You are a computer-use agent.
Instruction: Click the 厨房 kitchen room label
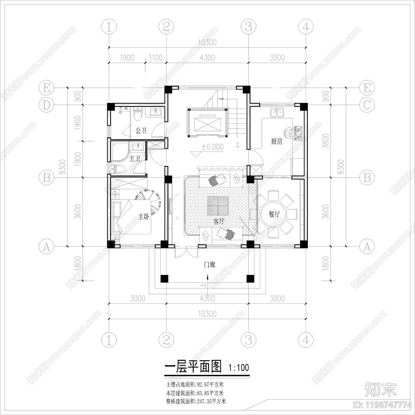[x=276, y=142]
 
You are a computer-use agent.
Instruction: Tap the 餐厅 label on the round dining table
[x=274, y=215]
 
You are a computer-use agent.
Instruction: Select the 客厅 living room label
[x=219, y=221]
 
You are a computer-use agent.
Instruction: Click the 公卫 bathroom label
[x=141, y=131]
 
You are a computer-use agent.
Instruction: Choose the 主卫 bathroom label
[x=135, y=158]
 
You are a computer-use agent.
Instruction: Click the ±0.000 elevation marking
[x=213, y=147]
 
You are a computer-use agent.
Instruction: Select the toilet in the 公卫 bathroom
[x=138, y=114]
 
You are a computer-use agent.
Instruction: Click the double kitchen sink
[x=277, y=113]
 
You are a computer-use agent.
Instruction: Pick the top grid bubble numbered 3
[x=248, y=26]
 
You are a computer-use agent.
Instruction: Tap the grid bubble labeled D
[x=46, y=105]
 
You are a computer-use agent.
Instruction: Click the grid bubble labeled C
[x=367, y=105]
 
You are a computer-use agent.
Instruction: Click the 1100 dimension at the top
[x=156, y=58]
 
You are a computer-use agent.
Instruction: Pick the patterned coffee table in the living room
[x=218, y=206]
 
